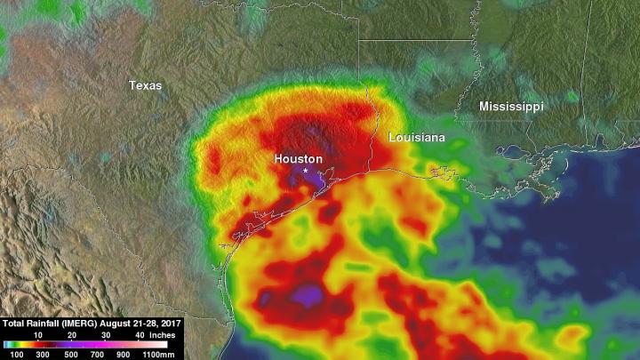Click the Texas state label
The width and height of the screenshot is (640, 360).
pyautogui.click(x=145, y=85)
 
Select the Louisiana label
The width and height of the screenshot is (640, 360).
pyautogui.click(x=417, y=139)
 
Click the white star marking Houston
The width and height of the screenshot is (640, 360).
pyautogui.click(x=306, y=170)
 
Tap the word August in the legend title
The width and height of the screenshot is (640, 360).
pyautogui.click(x=121, y=324)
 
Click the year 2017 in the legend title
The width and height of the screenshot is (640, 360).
pyautogui.click(x=171, y=324)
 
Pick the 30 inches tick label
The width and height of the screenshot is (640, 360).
pyautogui.click(x=105, y=334)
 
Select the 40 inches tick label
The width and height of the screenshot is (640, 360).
pyautogui.click(x=139, y=334)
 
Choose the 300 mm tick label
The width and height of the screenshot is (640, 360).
pyautogui.click(x=40, y=354)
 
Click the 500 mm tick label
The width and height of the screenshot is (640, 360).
pyautogui.click(x=70, y=354)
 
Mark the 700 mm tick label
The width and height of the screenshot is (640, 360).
pyautogui.click(x=100, y=354)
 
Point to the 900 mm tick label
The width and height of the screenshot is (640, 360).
pyautogui.click(x=131, y=354)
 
